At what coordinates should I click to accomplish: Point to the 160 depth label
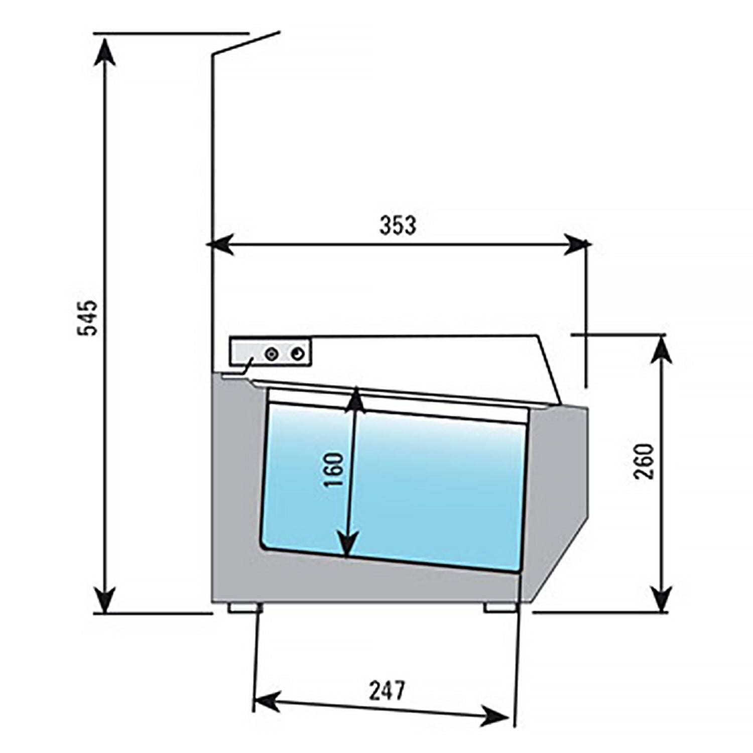(x=333, y=469)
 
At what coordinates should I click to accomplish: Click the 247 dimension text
(x=387, y=691)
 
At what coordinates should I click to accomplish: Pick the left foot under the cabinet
(x=244, y=608)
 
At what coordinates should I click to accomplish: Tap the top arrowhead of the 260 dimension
(x=662, y=349)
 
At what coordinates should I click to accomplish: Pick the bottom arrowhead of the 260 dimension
(x=663, y=597)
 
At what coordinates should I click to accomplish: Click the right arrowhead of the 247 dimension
(x=497, y=715)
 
